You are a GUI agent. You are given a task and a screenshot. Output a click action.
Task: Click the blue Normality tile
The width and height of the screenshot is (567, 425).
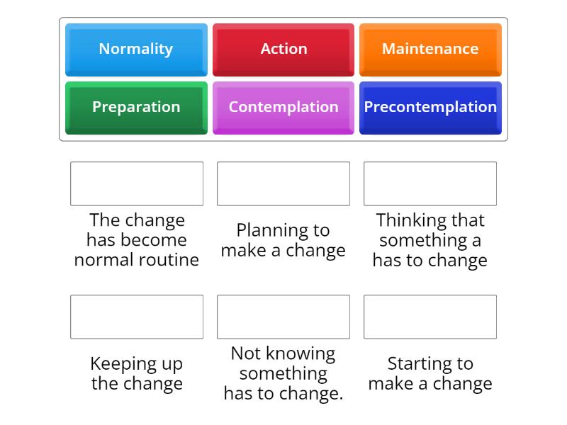(136, 50)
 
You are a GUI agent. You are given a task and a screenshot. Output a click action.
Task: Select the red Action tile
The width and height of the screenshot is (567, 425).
(283, 50)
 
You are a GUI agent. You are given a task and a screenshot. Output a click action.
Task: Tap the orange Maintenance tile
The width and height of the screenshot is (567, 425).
(430, 50)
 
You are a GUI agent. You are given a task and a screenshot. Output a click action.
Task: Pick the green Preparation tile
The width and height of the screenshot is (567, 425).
(136, 108)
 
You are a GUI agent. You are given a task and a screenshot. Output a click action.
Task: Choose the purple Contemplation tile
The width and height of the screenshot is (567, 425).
(283, 108)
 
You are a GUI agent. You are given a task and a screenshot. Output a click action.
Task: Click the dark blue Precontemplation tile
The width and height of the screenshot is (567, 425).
(430, 108)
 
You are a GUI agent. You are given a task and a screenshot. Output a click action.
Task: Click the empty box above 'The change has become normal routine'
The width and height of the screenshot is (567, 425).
(137, 183)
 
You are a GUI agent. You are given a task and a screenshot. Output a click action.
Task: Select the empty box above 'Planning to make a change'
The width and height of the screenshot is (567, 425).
(283, 183)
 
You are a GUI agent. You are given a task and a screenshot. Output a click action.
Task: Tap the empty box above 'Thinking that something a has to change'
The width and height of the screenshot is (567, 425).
(430, 183)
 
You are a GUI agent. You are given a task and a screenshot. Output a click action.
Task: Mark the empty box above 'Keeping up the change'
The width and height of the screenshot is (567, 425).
(137, 317)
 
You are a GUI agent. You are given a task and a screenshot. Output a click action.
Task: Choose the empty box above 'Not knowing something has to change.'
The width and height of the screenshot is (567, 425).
(283, 317)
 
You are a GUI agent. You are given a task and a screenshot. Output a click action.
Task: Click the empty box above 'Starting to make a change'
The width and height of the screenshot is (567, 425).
(430, 317)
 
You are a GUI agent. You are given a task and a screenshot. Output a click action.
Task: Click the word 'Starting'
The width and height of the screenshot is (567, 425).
(420, 364)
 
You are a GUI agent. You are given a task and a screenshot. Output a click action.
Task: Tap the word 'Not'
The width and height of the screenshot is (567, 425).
(246, 353)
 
